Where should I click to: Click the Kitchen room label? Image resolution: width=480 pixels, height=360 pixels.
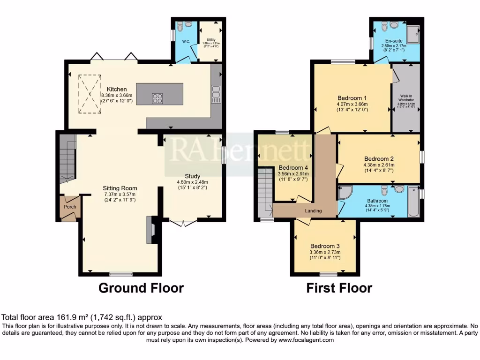(116, 89)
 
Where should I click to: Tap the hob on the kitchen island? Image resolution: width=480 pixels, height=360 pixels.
(157, 98)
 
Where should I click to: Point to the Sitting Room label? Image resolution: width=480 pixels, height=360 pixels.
(120, 188)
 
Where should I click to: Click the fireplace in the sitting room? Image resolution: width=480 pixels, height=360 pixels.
(150, 229)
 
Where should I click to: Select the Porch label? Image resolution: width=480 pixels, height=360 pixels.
(70, 207)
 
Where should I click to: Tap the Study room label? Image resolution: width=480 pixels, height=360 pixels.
(192, 176)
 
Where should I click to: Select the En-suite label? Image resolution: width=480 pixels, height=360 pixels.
(394, 41)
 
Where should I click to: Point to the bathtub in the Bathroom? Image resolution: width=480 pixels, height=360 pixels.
(413, 201)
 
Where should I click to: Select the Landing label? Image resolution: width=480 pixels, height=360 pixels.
(313, 211)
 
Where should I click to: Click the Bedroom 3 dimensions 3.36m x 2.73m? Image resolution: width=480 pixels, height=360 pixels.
(325, 252)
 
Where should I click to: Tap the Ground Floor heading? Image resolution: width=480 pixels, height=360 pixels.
(141, 287)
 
